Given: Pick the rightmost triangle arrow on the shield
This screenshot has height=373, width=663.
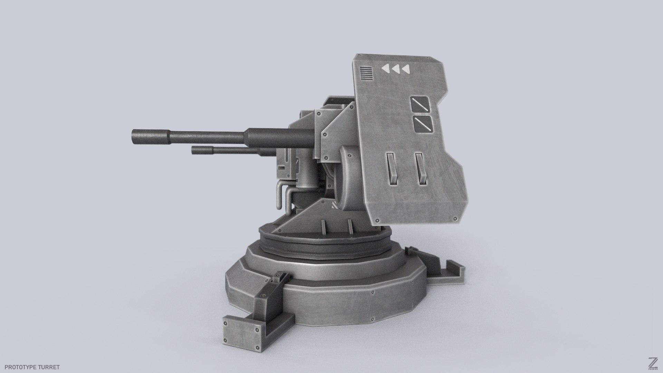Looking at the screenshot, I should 405,69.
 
